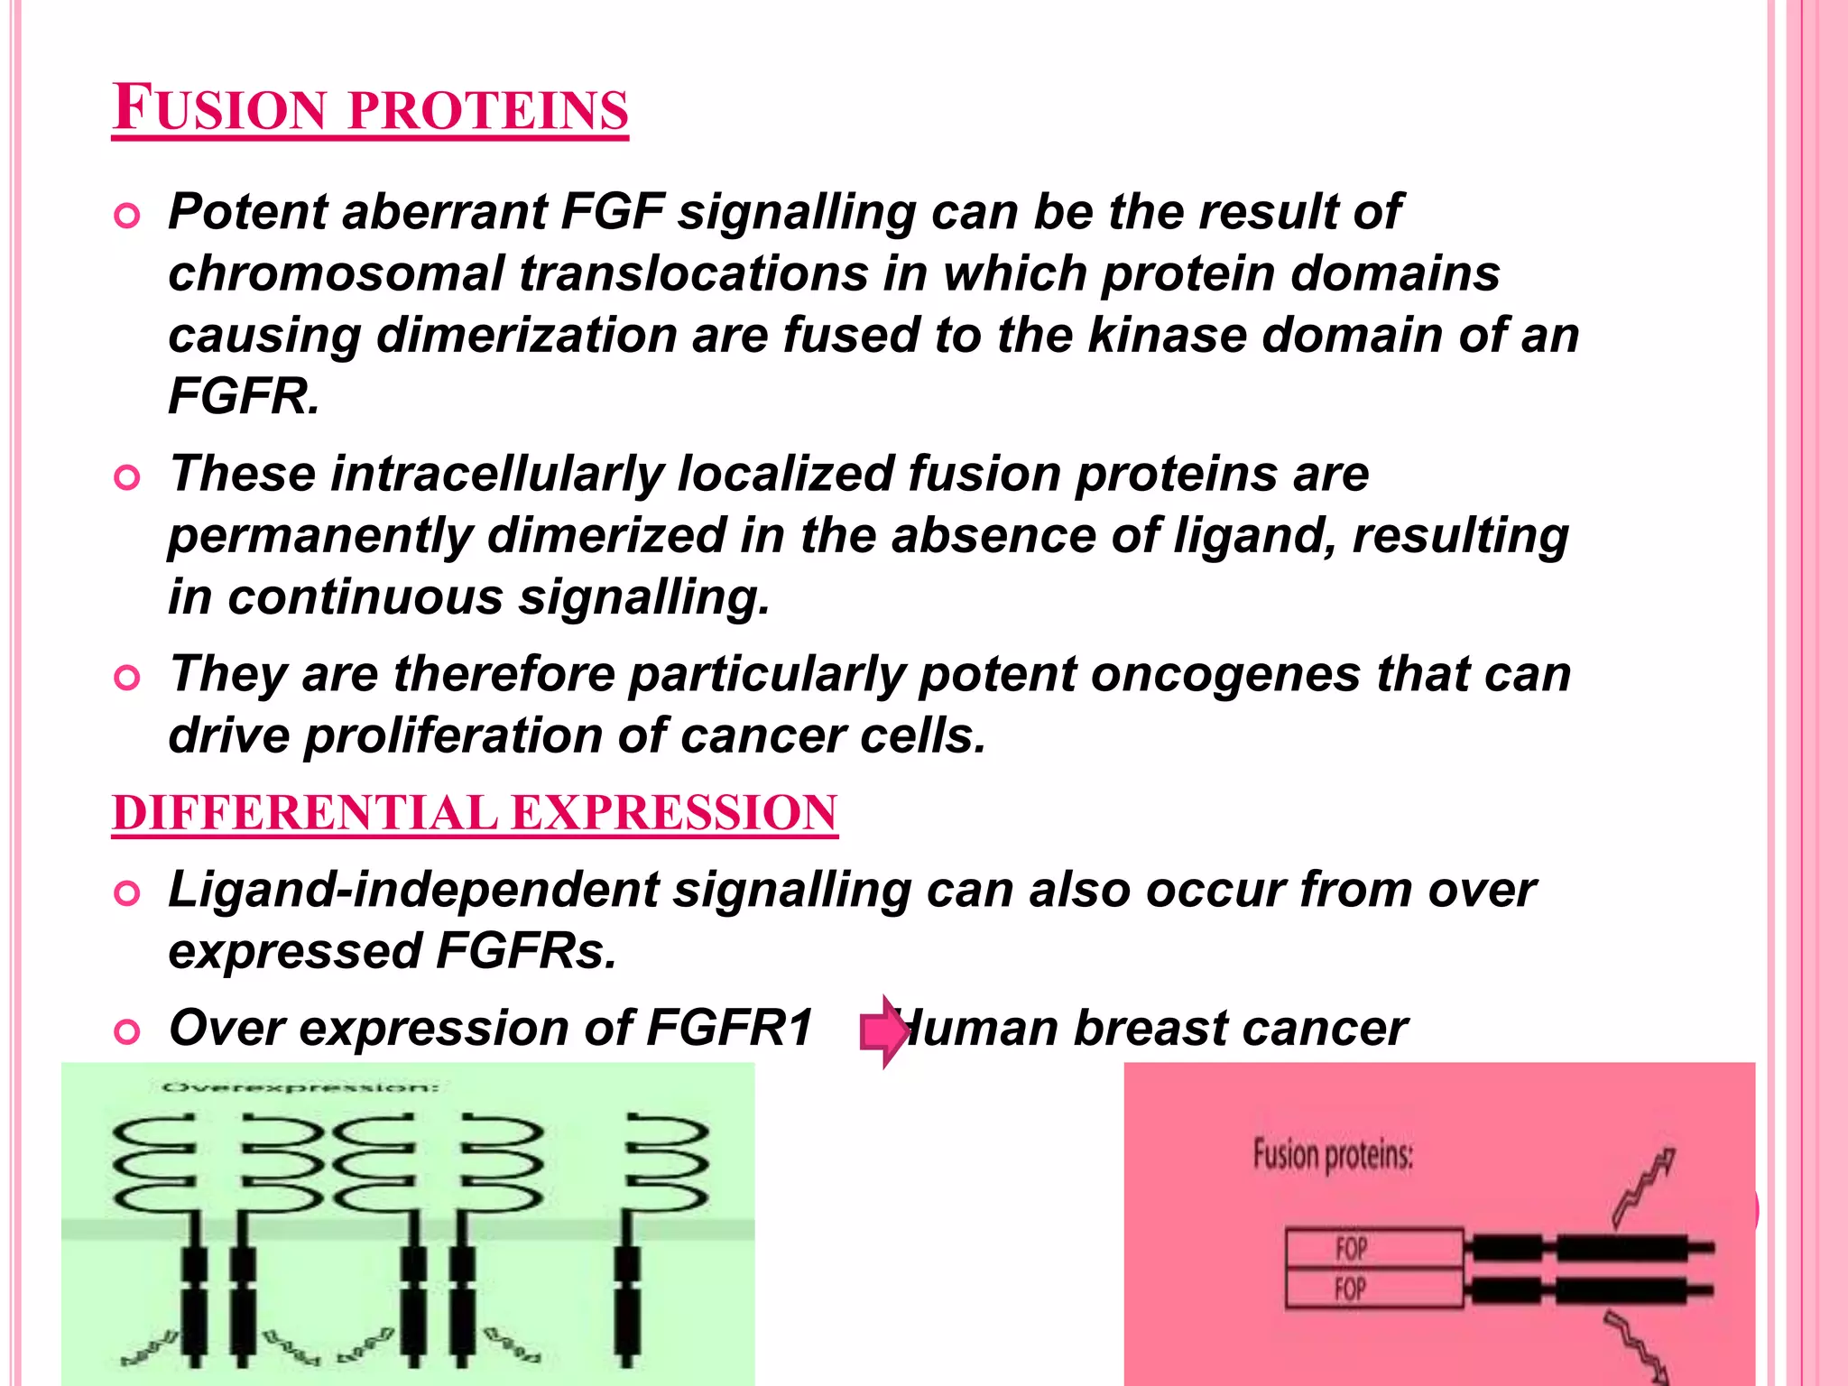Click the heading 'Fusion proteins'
tap(370, 108)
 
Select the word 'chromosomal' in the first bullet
tap(335, 273)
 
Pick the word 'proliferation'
tap(452, 735)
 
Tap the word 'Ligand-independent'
tap(413, 890)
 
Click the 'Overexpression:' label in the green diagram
tap(300, 1087)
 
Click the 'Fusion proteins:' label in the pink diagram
tap(1332, 1155)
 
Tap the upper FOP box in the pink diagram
tap(1373, 1249)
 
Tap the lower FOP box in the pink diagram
tap(1373, 1289)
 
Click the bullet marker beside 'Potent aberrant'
tap(127, 217)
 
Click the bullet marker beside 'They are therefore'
tap(127, 679)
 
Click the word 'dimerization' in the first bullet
tap(526, 335)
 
